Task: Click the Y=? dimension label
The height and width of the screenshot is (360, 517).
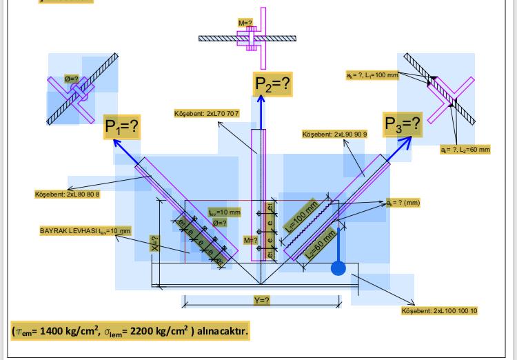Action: pyautogui.click(x=261, y=301)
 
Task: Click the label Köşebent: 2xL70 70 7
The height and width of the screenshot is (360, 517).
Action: pyautogui.click(x=207, y=113)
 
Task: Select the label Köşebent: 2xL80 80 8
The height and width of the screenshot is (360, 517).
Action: pyautogui.click(x=68, y=194)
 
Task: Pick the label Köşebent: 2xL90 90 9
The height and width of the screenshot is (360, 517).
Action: pyautogui.click(x=335, y=134)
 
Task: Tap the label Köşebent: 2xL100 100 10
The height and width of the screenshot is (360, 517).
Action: pyautogui.click(x=439, y=311)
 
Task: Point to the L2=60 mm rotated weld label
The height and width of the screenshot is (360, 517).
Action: pyautogui.click(x=320, y=243)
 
